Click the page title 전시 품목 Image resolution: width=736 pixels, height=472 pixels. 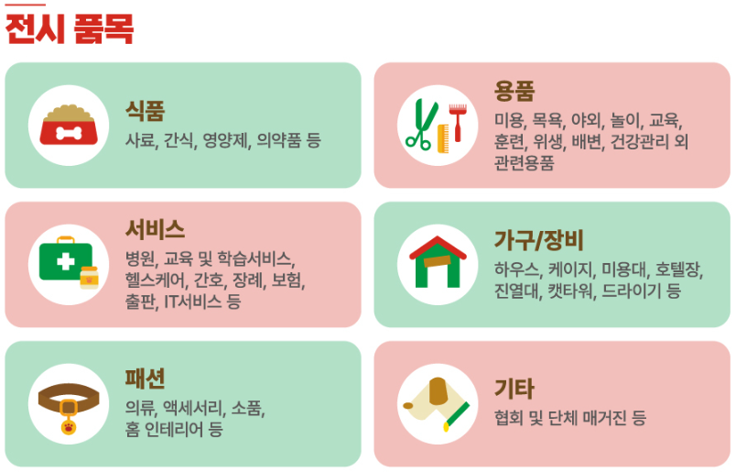pyautogui.click(x=70, y=29)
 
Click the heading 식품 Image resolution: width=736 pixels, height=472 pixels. pyautogui.click(x=146, y=112)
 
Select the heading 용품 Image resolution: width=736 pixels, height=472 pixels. pyautogui.click(x=514, y=91)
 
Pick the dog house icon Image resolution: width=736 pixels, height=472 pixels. pyautogui.click(x=438, y=262)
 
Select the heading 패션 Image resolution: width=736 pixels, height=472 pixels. pyautogui.click(x=146, y=379)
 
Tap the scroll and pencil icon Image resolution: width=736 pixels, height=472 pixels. pyautogui.click(x=438, y=401)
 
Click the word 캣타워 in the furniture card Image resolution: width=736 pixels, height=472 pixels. pyautogui.click(x=571, y=291)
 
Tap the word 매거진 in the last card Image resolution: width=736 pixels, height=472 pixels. pyautogui.click(x=598, y=418)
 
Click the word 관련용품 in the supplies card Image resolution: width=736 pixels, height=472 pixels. pyautogui.click(x=525, y=164)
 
